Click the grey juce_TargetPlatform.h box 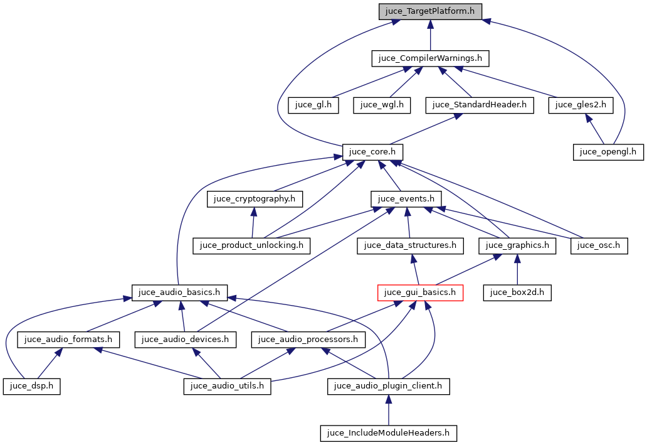430,11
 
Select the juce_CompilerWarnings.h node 430,58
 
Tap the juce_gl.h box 313,105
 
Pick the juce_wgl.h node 382,105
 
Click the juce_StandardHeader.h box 480,105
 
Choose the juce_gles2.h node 581,105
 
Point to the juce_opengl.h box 608,152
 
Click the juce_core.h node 372,152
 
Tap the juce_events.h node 406,199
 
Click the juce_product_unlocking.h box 252,245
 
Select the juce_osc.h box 599,245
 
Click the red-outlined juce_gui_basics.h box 420,292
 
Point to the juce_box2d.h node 517,292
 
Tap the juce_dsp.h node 31,386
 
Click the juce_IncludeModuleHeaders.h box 389,433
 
